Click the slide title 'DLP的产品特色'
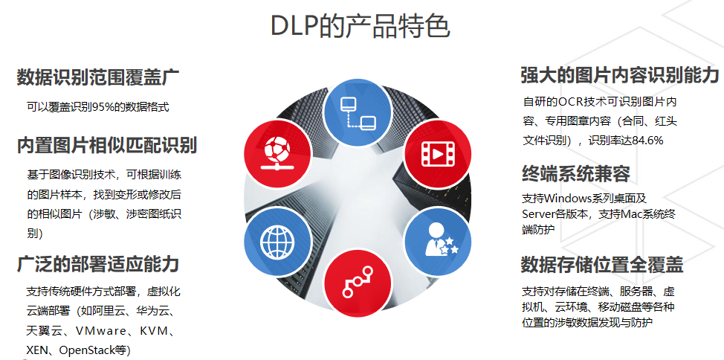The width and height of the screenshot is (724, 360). click(361, 26)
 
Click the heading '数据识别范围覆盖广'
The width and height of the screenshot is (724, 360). click(98, 77)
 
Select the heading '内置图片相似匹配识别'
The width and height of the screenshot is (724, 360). click(107, 145)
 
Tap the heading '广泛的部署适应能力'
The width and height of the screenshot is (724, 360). click(98, 264)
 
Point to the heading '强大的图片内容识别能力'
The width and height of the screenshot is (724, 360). click(620, 75)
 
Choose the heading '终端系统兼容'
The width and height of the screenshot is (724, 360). click(576, 174)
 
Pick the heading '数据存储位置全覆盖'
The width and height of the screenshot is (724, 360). click(602, 264)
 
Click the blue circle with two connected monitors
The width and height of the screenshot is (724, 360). click(358, 113)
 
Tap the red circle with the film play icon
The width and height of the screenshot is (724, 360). click(438, 153)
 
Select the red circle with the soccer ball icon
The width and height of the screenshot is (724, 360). click(277, 153)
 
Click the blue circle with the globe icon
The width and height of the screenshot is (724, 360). click(277, 240)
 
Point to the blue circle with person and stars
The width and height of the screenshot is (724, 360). click(438, 240)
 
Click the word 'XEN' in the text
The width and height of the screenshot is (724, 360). click(37, 350)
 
